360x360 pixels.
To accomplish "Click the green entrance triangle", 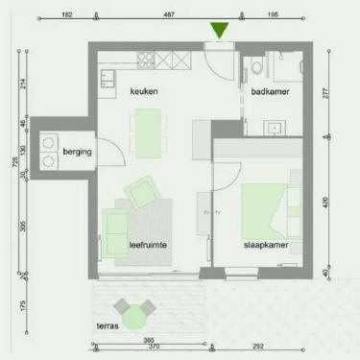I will (221, 31).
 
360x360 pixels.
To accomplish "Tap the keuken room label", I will (145, 91).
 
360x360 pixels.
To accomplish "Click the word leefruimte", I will (149, 246).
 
